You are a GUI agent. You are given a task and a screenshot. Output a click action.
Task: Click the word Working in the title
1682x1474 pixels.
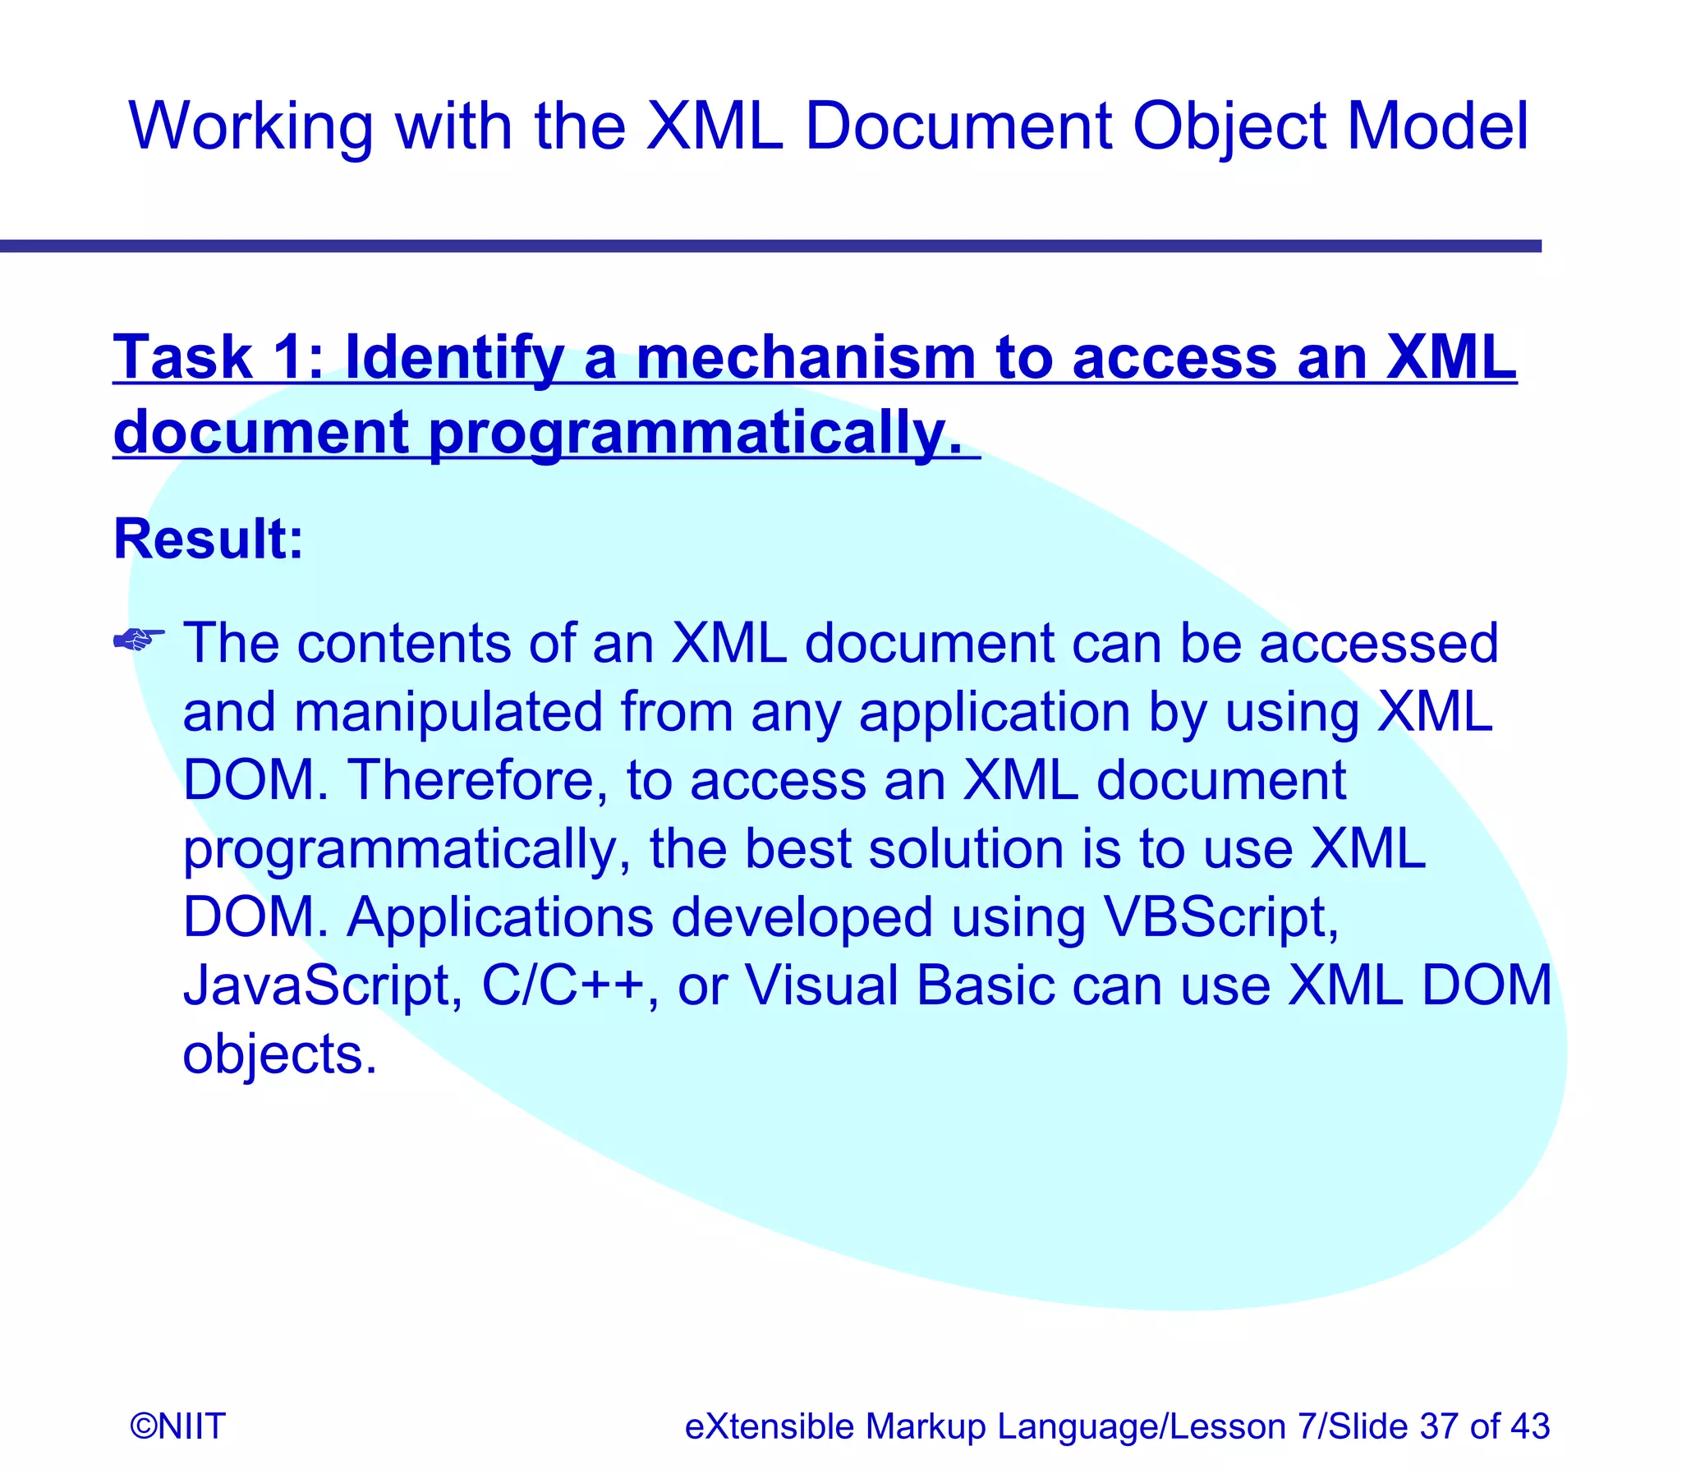pos(250,126)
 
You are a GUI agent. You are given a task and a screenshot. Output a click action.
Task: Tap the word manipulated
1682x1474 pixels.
pos(448,711)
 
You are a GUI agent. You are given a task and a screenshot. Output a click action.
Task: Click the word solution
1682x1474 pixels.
pos(966,848)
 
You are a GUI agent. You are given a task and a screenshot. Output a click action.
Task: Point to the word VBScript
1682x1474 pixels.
pos(1220,917)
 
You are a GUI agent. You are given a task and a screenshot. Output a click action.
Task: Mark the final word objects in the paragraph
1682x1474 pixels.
pos(278,1055)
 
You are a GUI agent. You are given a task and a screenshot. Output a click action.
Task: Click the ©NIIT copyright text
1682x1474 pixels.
pos(177,1426)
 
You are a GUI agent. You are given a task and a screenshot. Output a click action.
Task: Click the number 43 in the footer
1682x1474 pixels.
pos(1529,1426)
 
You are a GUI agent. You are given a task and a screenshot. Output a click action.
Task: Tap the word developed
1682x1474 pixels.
pos(802,917)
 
